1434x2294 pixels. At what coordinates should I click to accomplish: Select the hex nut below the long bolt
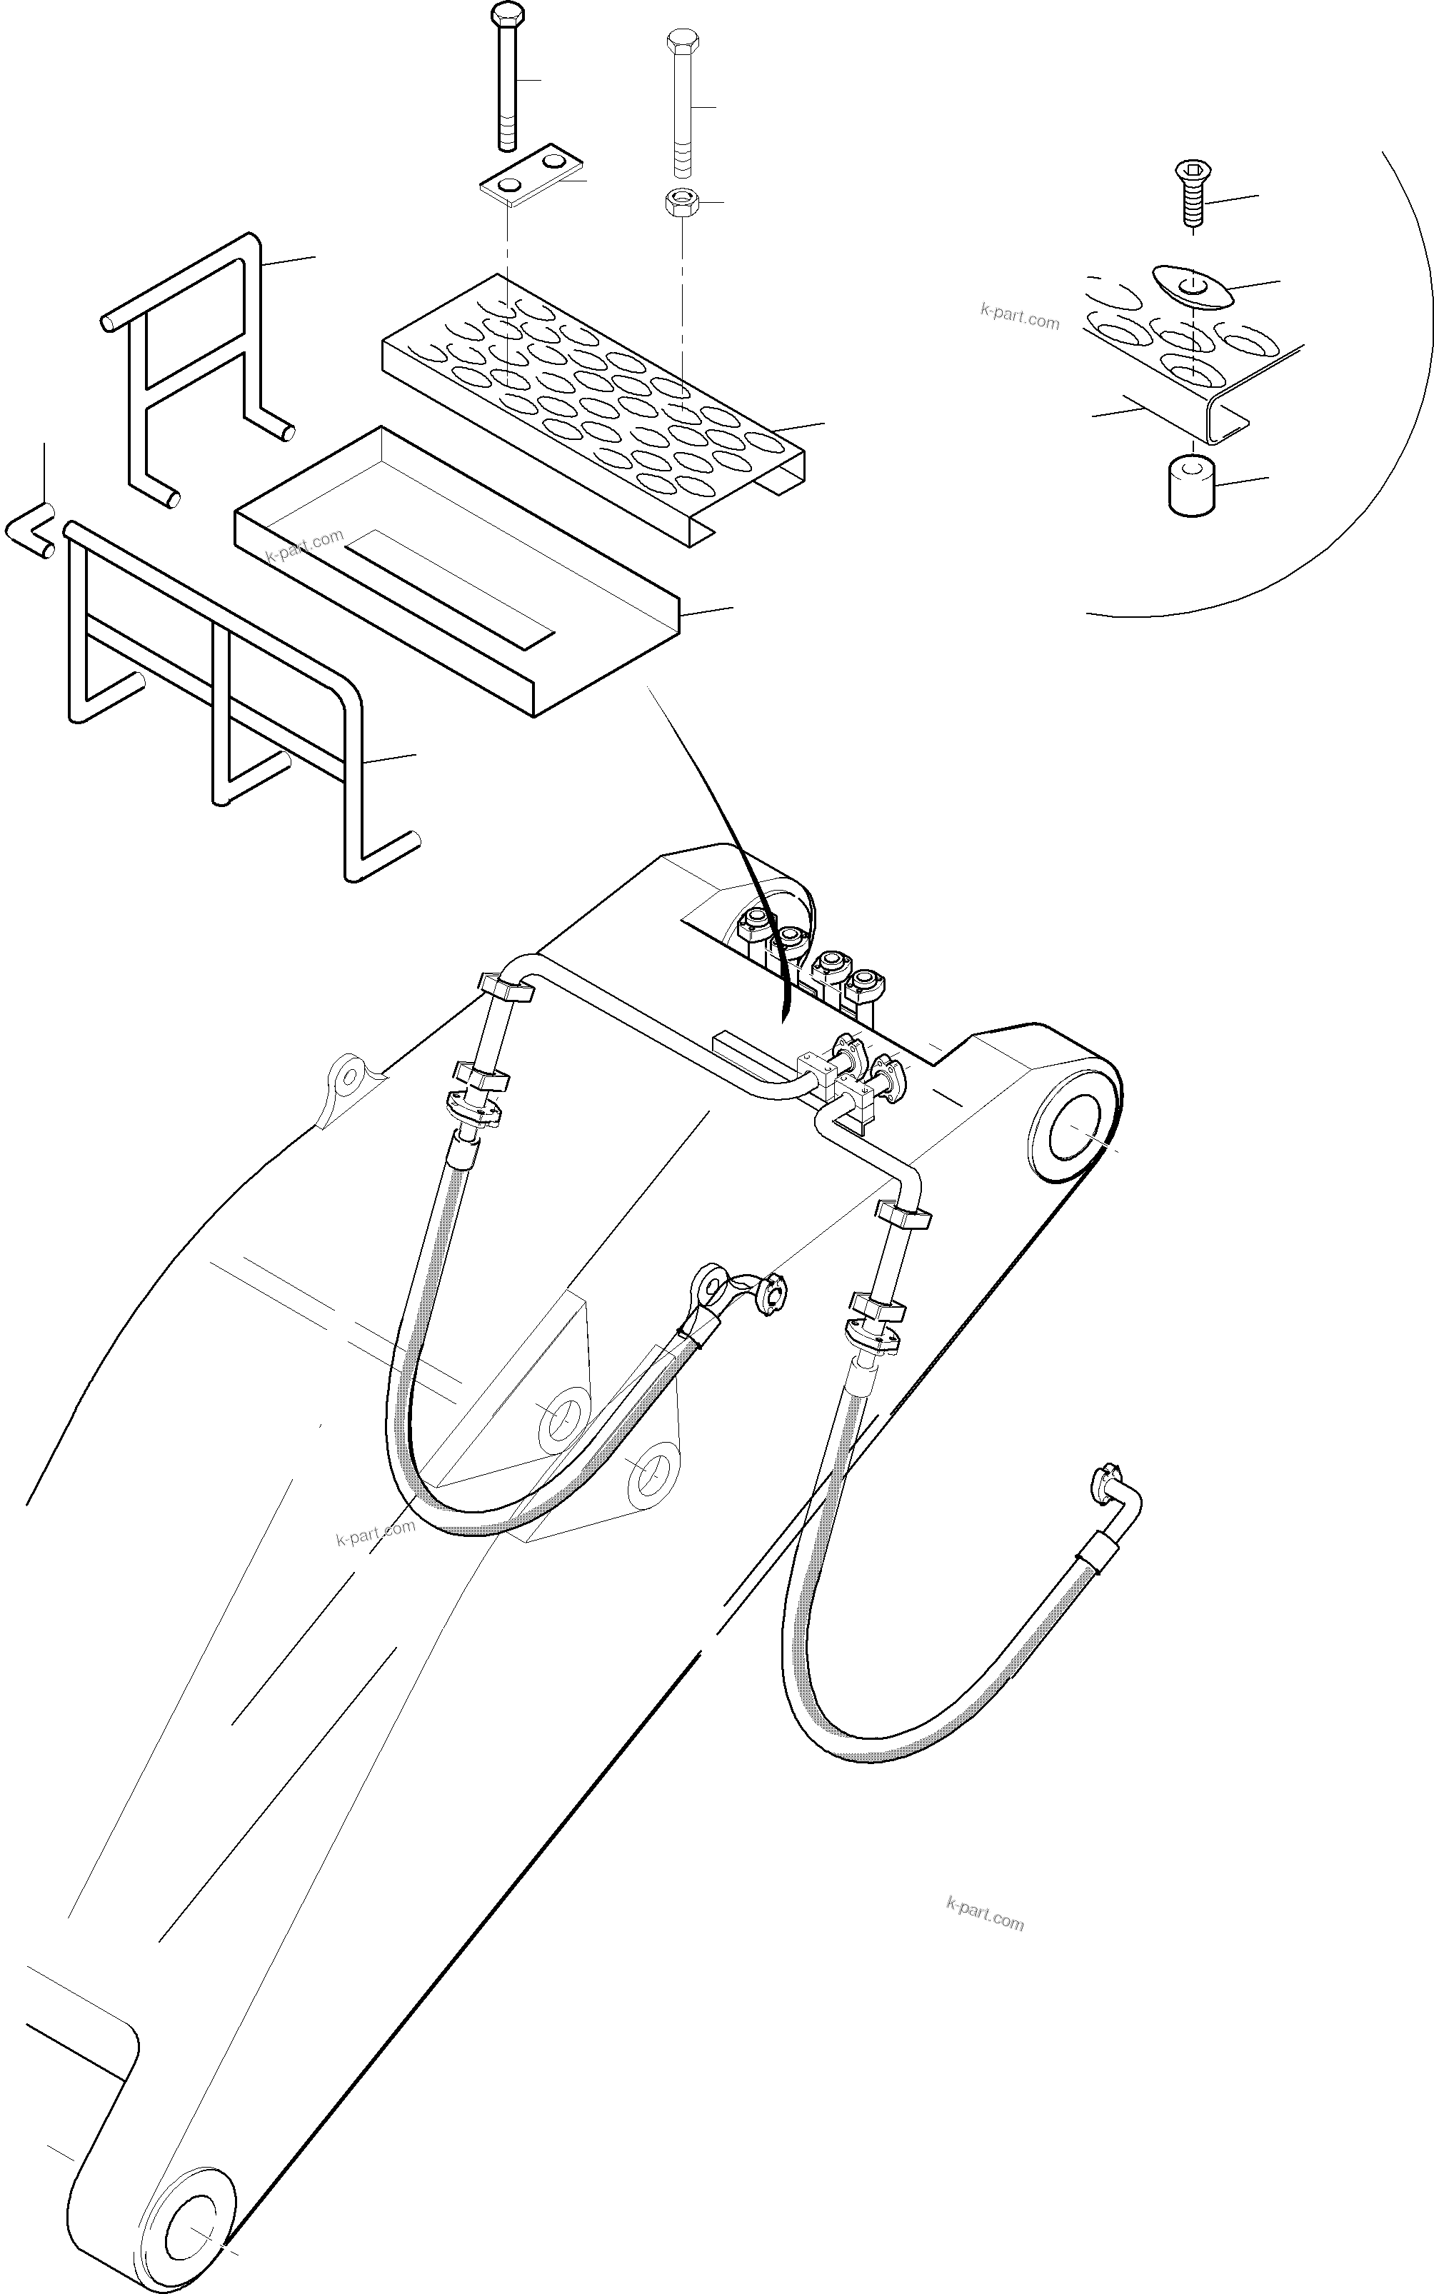[681, 203]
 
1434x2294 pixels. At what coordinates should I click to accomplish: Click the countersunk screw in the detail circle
[1190, 194]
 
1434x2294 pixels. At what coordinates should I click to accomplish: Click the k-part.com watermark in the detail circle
[1020, 315]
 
